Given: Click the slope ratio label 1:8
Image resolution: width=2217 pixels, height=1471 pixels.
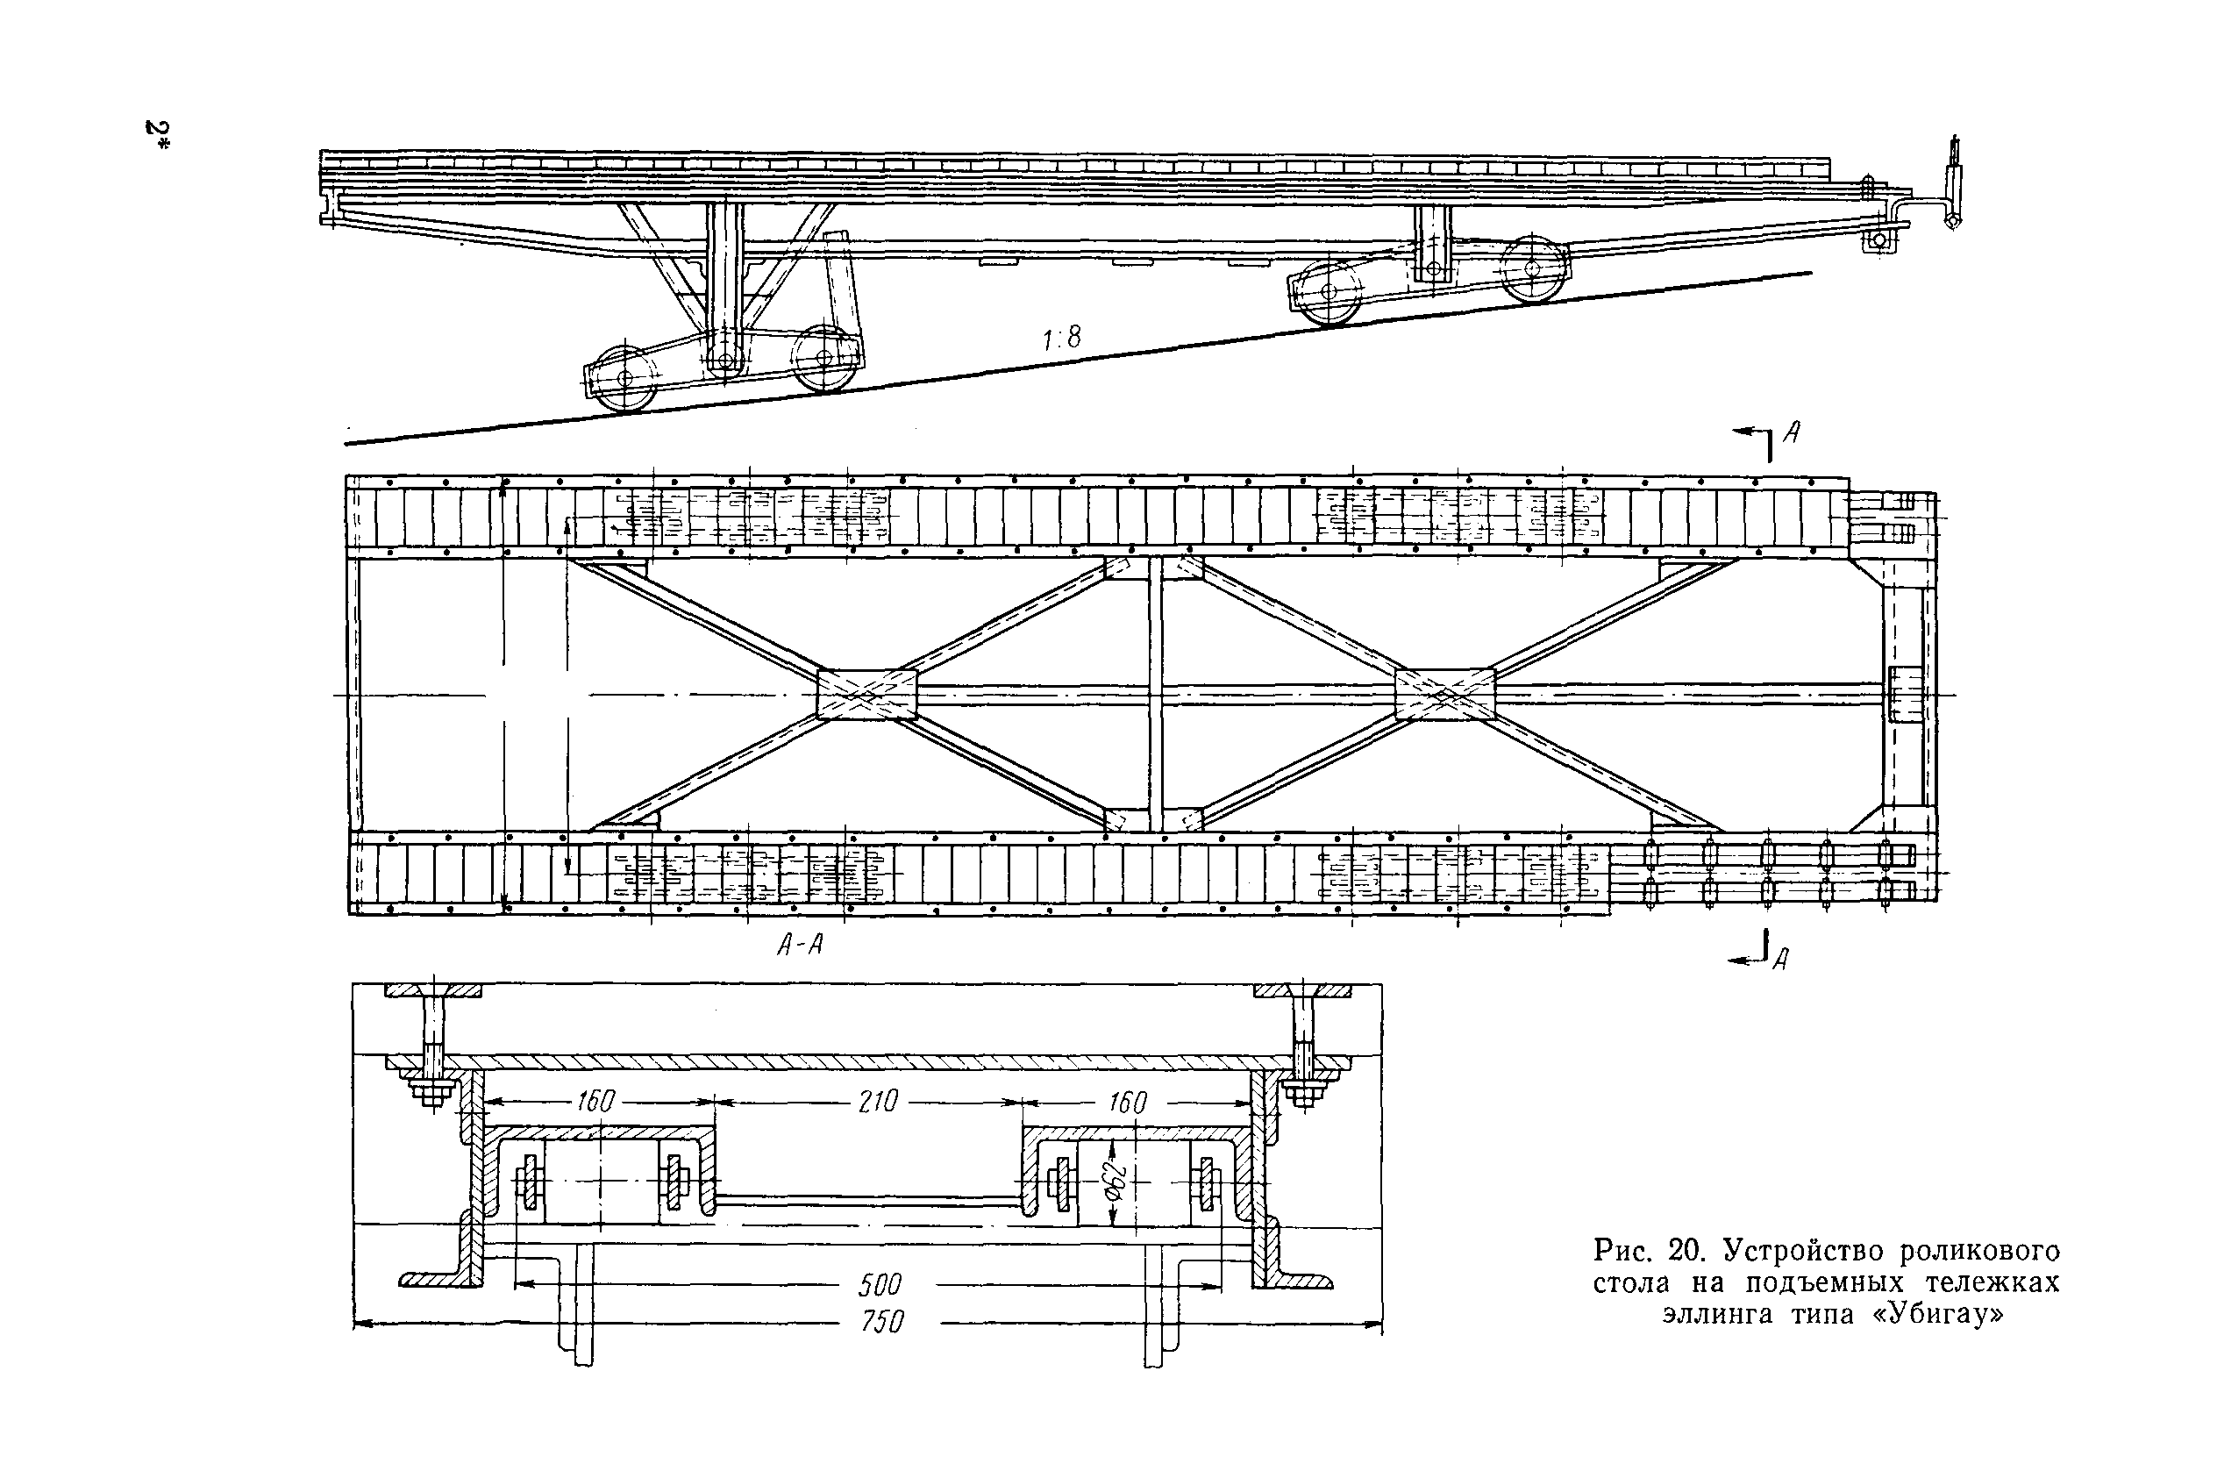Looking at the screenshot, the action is tap(1062, 338).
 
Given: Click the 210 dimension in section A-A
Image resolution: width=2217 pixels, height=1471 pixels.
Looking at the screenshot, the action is tap(878, 1102).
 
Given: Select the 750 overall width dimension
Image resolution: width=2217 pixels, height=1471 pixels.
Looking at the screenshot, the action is tap(881, 1322).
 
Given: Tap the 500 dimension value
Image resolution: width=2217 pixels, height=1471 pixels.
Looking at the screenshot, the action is tap(879, 1284).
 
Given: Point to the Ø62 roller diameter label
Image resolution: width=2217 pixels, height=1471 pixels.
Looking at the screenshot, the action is tap(1114, 1183).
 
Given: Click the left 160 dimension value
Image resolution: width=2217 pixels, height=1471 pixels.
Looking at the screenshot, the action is tap(595, 1102).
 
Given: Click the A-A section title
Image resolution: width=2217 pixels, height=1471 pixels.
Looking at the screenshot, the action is tap(800, 945).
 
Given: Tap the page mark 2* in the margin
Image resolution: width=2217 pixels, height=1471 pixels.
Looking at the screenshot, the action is tap(157, 136).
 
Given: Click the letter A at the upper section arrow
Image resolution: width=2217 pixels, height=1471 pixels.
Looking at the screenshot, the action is tap(1793, 432).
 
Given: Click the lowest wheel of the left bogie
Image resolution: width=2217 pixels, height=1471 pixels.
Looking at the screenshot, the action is tap(624, 378).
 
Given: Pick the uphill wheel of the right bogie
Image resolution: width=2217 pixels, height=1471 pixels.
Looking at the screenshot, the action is tap(1532, 269).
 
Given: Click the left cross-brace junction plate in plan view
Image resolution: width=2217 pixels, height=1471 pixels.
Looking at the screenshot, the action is tap(866, 696).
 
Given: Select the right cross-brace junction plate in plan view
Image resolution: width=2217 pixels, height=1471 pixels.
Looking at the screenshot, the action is tap(1444, 696).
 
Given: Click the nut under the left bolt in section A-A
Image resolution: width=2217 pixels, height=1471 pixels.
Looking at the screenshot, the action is tap(431, 1092).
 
